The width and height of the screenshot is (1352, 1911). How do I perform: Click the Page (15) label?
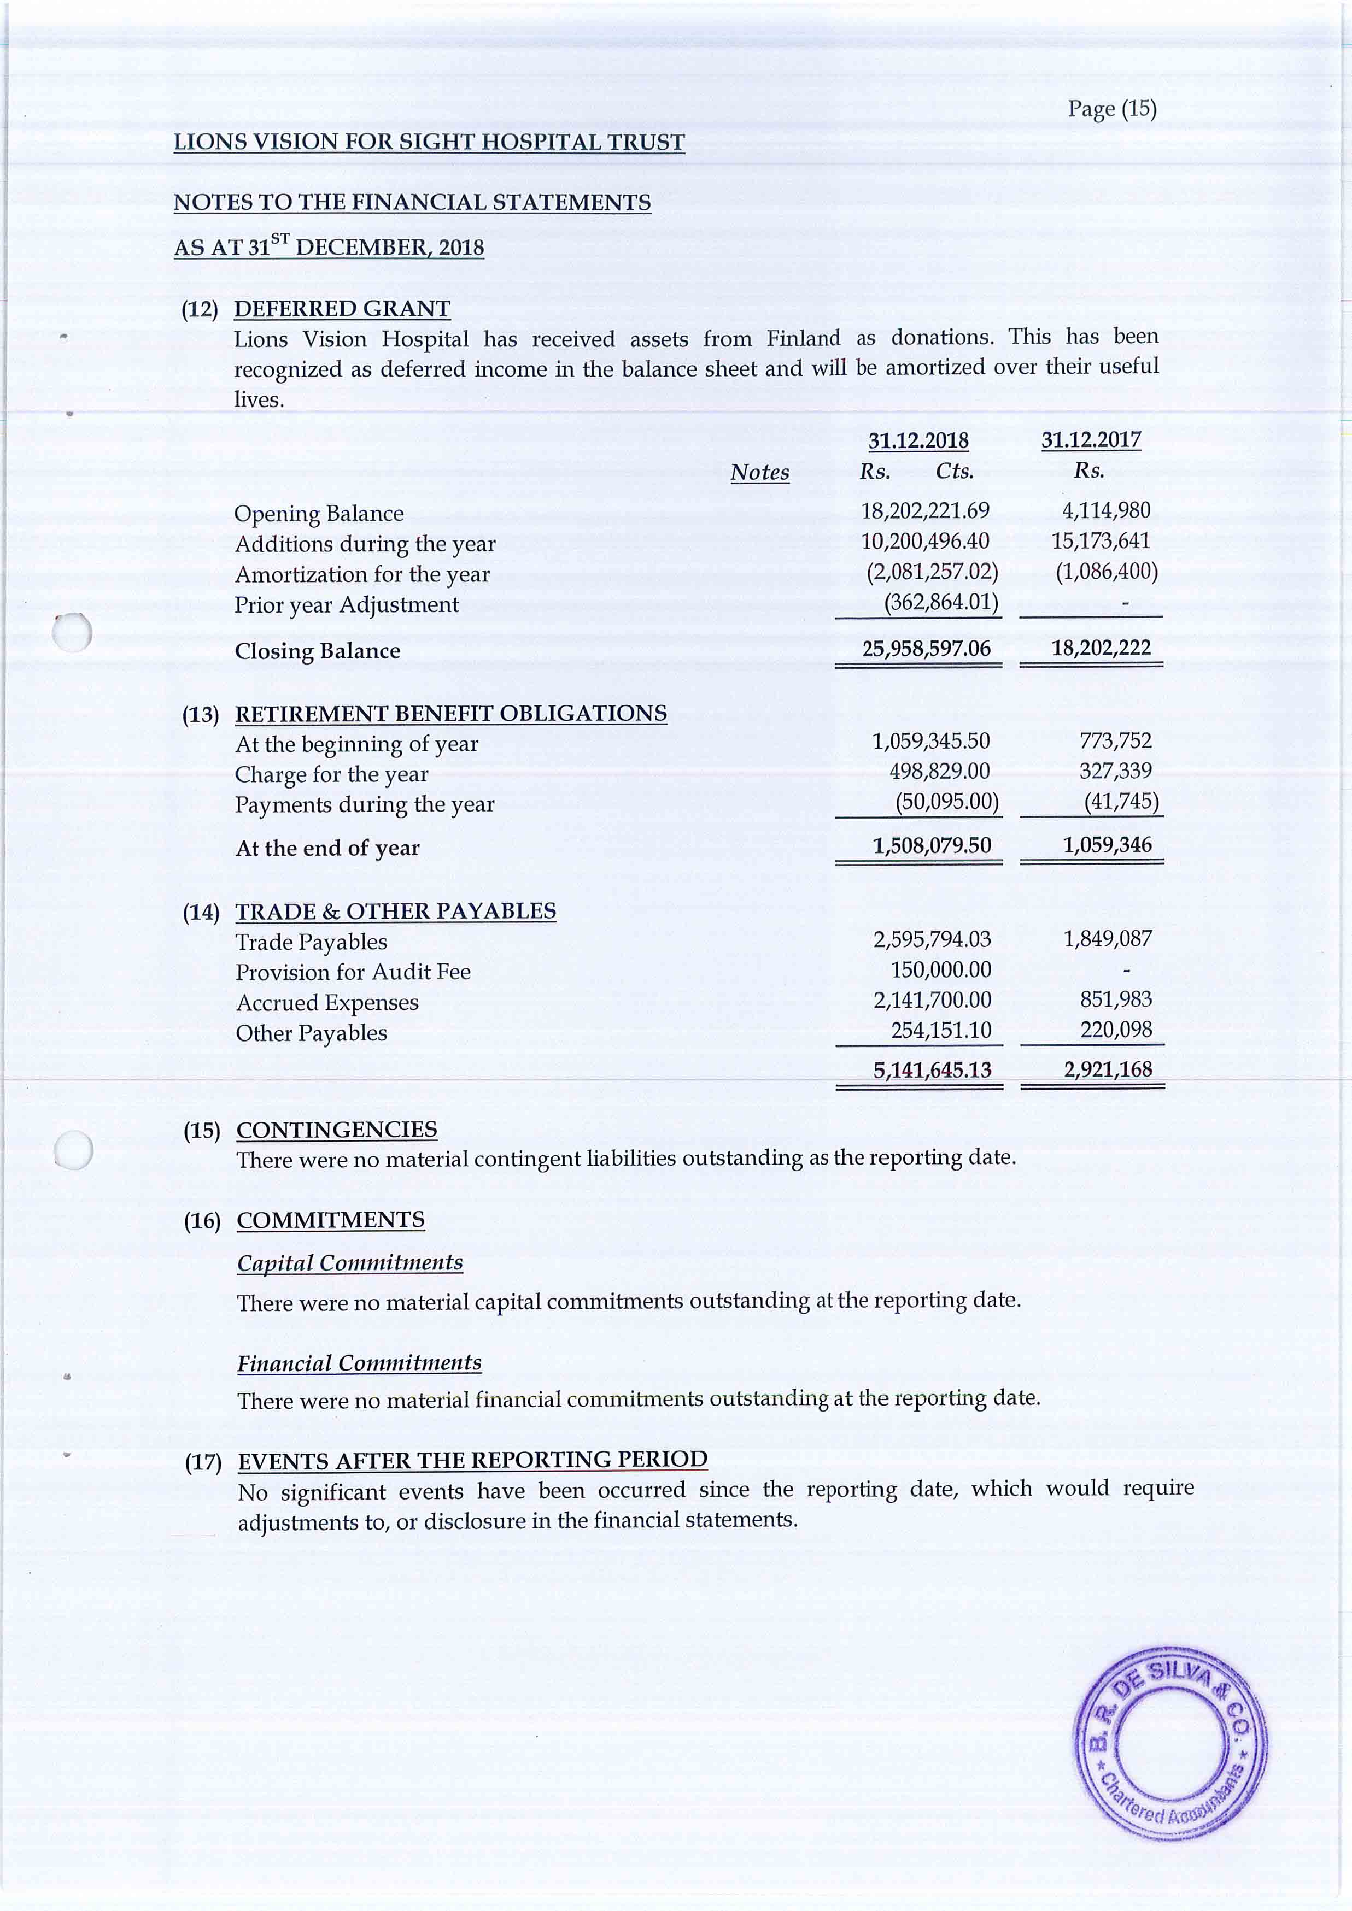click(x=1111, y=109)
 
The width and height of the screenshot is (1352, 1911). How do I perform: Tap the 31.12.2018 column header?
click(x=918, y=440)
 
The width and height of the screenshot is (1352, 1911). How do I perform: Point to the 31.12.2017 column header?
click(x=1091, y=439)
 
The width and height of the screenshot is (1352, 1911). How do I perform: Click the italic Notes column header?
click(x=759, y=472)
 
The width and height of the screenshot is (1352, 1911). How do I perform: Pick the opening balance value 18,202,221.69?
click(x=925, y=510)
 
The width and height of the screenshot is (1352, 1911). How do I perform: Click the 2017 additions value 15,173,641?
click(x=1101, y=541)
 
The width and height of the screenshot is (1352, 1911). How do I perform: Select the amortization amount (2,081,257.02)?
click(x=932, y=572)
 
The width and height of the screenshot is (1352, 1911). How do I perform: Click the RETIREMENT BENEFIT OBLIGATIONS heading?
click(x=450, y=714)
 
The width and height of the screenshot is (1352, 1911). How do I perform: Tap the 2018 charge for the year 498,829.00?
click(x=939, y=772)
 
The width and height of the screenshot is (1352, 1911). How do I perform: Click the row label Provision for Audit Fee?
click(x=353, y=972)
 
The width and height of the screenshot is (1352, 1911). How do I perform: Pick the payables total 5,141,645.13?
click(x=932, y=1069)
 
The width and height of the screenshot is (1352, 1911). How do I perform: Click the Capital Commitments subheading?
click(x=350, y=1263)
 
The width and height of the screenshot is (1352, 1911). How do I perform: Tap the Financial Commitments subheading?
click(x=359, y=1363)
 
